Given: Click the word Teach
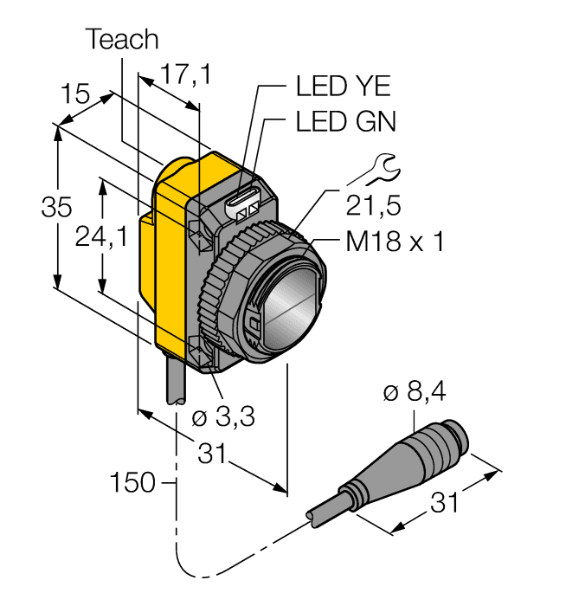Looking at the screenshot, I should [123, 40].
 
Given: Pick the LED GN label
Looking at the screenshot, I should [345, 122].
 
